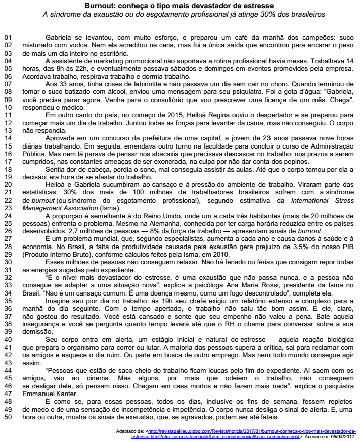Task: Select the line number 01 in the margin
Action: [x=8, y=38]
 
